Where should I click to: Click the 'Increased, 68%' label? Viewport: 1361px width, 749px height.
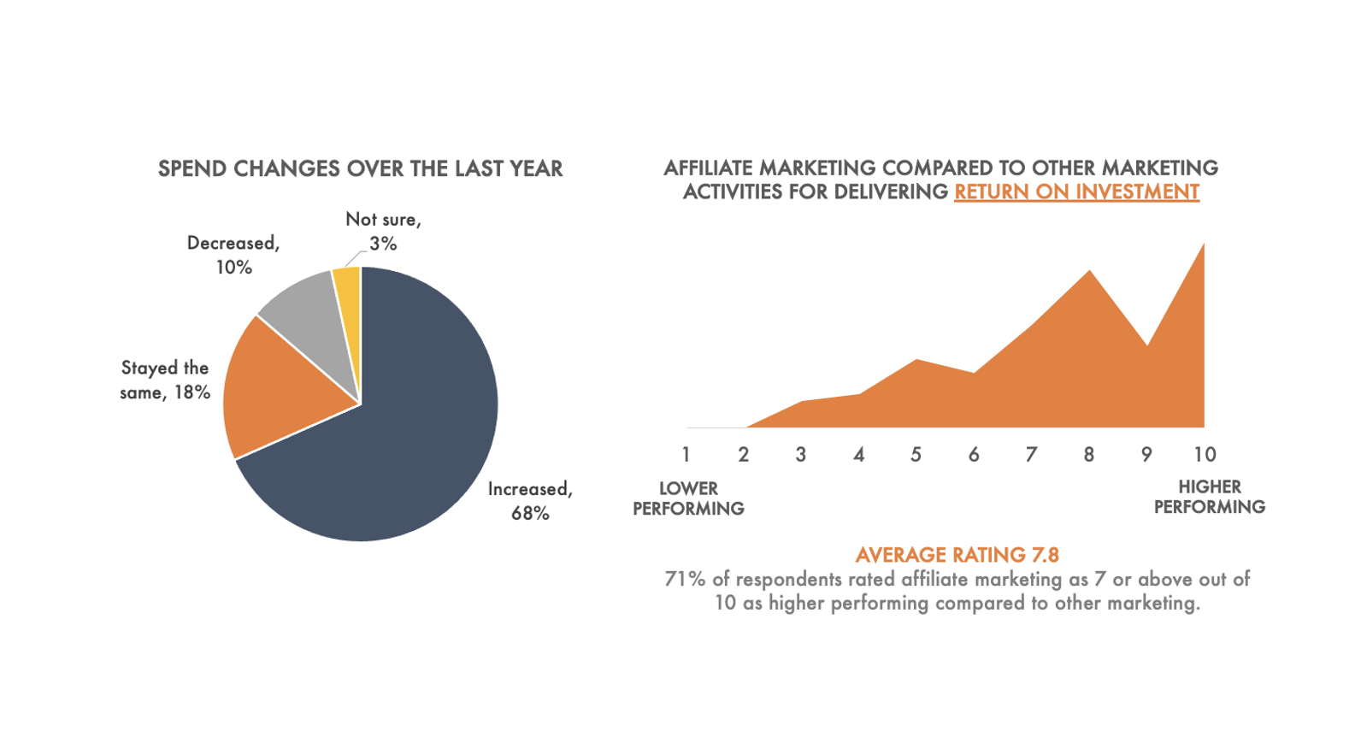coord(530,501)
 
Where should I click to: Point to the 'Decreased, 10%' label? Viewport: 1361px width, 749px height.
coord(233,255)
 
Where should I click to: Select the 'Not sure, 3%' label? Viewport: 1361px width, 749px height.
coord(383,232)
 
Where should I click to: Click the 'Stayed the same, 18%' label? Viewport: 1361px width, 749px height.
coord(165,380)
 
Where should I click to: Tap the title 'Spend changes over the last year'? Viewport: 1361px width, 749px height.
coord(360,168)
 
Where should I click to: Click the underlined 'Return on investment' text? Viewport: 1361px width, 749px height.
coord(1076,192)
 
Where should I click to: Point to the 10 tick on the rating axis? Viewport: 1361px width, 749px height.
coord(1205,454)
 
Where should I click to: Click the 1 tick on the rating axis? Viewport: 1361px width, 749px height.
coord(686,454)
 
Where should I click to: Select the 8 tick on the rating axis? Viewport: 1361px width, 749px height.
coord(1089,454)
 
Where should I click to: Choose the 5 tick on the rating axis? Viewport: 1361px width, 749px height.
coord(916,454)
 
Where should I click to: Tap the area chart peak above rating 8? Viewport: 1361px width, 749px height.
coord(1089,271)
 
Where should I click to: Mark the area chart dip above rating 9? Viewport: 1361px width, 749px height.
coord(1146,345)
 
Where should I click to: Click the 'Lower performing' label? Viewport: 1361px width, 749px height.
coord(688,498)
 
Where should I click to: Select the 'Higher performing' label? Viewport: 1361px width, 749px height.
coord(1209,497)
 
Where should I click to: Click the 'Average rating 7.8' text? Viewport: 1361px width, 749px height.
coord(957,555)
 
